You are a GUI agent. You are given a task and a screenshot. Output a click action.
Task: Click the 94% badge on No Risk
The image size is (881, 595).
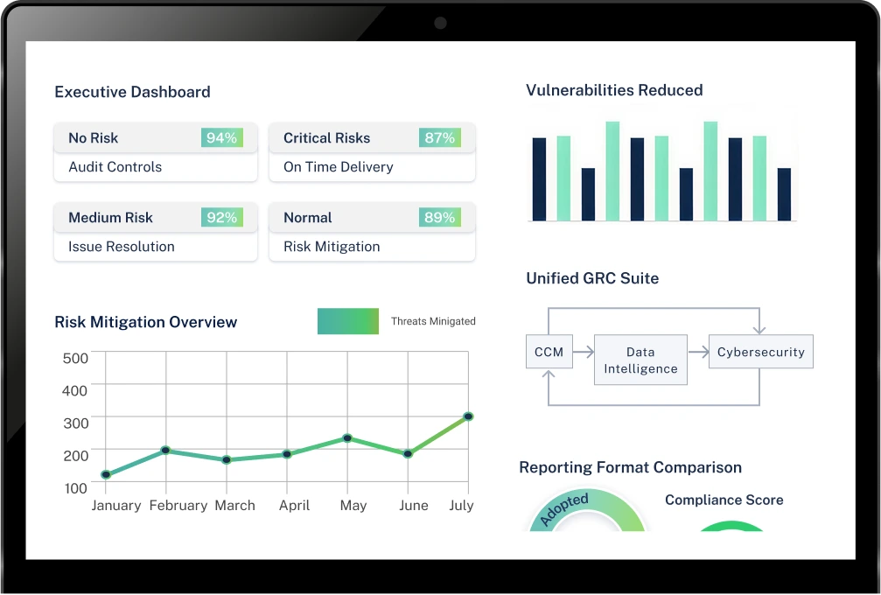222,138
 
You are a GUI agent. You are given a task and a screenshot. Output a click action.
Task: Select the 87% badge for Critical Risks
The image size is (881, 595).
440,138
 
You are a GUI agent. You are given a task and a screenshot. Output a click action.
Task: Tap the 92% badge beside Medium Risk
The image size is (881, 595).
222,218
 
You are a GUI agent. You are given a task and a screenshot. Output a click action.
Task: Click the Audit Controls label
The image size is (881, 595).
115,167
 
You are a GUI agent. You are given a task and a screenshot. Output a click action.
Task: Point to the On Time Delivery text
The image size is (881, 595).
338,167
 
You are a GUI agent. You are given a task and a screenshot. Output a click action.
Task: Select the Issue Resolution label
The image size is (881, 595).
121,247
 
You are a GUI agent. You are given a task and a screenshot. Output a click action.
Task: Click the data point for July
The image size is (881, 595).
468,416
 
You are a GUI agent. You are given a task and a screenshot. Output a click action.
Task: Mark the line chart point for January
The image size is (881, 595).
106,475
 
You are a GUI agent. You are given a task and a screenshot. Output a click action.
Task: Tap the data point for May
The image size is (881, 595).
347,437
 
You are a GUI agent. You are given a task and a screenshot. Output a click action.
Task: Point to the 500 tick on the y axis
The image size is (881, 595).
76,358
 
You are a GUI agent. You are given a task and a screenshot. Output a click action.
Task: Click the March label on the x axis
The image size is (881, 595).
234,506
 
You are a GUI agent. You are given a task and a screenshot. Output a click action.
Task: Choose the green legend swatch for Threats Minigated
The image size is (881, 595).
348,321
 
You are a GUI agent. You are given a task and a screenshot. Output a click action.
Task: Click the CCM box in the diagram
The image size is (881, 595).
549,353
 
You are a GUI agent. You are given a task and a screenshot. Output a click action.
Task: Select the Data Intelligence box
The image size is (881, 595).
640,360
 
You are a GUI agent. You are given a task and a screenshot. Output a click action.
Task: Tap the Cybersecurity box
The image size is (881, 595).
760,353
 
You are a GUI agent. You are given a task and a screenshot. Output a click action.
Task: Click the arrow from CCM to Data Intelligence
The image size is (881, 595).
584,353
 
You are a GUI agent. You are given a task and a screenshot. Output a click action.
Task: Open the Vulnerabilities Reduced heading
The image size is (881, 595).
614,90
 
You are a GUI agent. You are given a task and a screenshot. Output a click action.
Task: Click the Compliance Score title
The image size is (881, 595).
724,500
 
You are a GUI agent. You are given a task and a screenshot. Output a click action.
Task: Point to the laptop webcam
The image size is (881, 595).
440,23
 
